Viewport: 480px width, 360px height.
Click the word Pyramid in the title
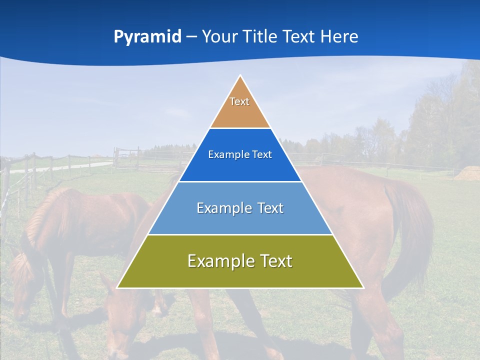(147, 37)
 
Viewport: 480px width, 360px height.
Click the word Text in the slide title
(301, 37)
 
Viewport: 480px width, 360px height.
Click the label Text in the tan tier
(239, 101)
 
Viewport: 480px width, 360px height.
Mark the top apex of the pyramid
(240, 76)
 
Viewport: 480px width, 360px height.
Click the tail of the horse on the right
(415, 225)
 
